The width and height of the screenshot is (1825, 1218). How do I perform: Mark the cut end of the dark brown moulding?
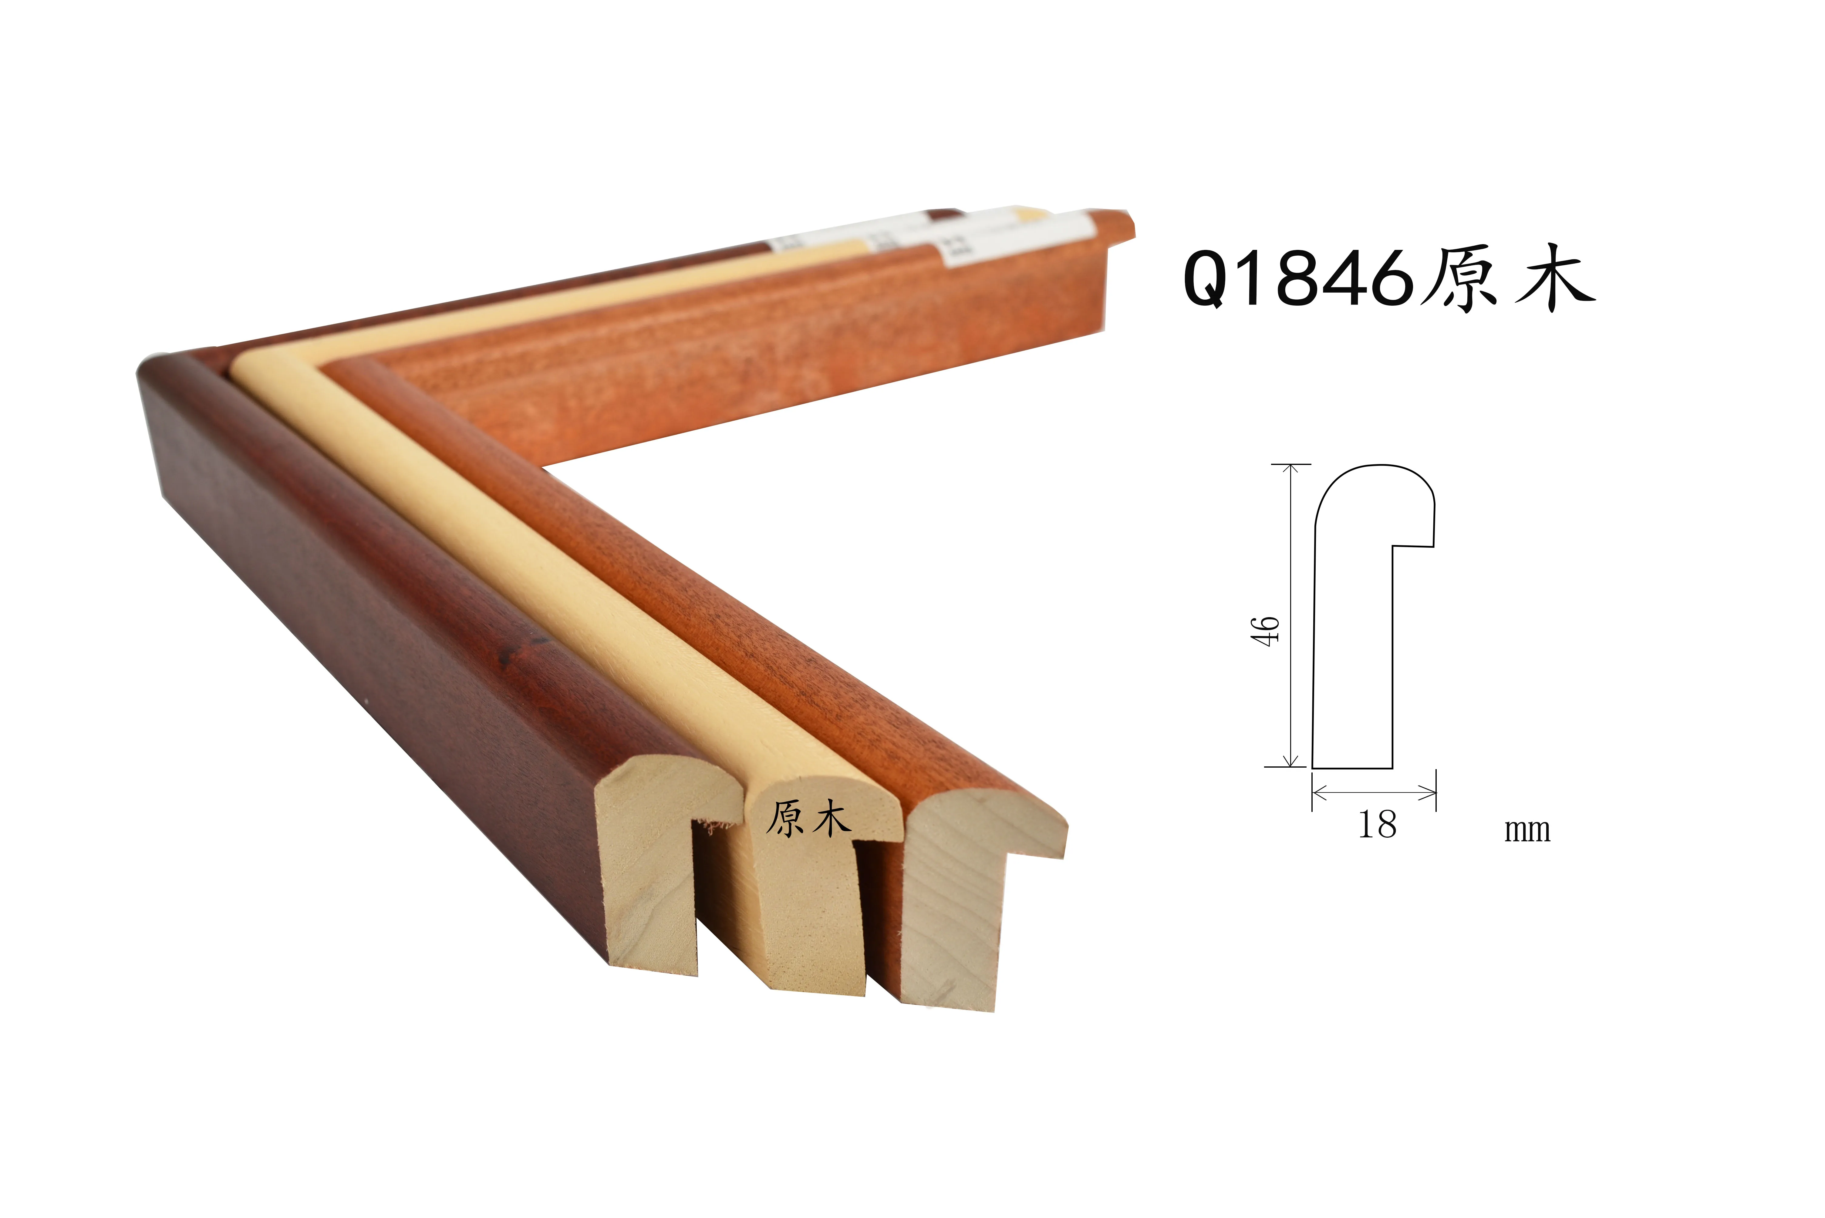(653, 870)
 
